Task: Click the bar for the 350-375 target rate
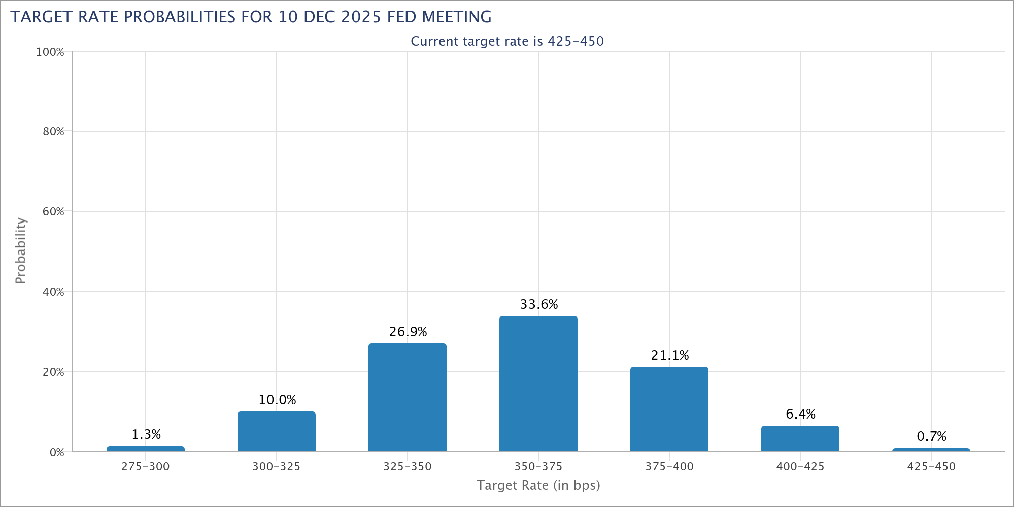pos(538,384)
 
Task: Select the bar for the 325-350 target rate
pos(408,397)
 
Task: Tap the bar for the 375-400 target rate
pos(669,409)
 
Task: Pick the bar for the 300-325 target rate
pos(277,431)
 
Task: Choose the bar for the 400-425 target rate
pos(800,438)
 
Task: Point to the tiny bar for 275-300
pos(146,449)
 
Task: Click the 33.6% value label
pos(539,304)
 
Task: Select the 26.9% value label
pos(408,332)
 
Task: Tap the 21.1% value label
pos(670,355)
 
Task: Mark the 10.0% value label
pos(277,400)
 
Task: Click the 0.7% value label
pos(932,436)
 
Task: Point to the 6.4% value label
pos(801,414)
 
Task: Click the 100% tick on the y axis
pos(50,52)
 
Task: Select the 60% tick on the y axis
pos(53,212)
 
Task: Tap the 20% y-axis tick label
pos(53,372)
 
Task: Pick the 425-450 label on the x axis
pos(931,466)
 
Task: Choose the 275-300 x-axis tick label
pos(146,466)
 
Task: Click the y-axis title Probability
pos(20,250)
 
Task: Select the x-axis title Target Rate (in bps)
pos(538,485)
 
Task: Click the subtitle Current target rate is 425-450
pos(507,41)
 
